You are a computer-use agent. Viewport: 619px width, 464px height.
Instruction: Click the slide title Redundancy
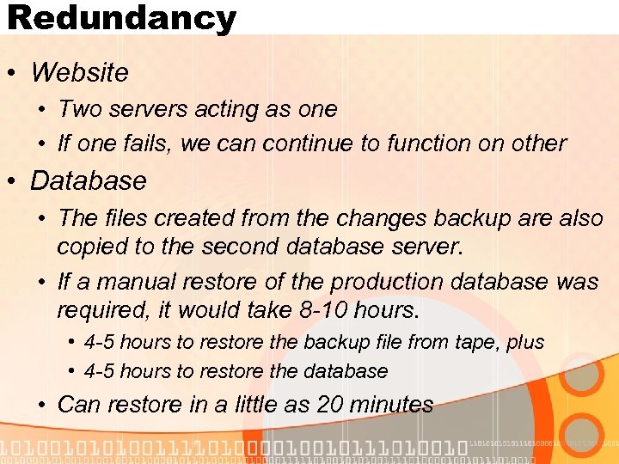[121, 18]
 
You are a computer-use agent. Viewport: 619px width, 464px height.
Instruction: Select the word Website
[79, 72]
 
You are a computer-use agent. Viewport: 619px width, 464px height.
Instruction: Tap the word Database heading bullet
[89, 180]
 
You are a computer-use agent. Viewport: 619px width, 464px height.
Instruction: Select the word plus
[525, 342]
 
